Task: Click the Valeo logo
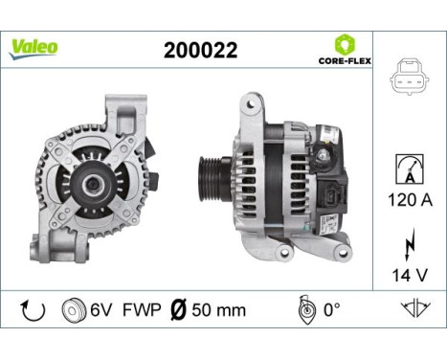point(34,48)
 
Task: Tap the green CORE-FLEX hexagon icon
point(345,44)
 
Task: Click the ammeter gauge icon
point(407,169)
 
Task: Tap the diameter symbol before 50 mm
point(175,309)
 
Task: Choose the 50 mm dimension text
point(219,310)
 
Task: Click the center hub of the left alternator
point(95,179)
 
